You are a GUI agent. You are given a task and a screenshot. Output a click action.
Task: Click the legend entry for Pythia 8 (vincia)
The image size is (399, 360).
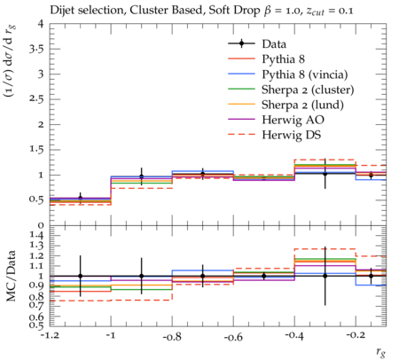click(305, 74)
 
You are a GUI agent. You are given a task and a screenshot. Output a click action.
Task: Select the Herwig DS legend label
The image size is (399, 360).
click(292, 135)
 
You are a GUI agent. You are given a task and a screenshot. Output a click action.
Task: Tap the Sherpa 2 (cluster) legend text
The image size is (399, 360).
click(308, 90)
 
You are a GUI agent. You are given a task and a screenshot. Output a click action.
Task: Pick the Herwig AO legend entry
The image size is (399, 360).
click(293, 120)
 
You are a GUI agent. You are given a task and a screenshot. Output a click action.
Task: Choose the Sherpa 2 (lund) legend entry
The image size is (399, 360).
click(302, 105)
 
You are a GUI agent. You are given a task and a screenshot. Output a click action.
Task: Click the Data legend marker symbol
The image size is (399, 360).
click(241, 43)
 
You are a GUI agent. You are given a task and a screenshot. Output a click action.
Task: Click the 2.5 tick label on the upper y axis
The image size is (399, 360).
click(36, 99)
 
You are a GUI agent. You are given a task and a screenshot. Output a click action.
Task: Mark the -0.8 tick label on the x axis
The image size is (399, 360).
click(172, 337)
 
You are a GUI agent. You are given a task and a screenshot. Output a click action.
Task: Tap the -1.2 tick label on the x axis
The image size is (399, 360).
click(50, 336)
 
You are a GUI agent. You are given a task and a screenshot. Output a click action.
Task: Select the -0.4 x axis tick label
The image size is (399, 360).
click(294, 336)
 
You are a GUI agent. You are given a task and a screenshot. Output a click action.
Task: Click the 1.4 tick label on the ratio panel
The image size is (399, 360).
click(36, 236)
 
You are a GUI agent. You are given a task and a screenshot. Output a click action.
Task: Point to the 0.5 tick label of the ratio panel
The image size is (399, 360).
click(36, 325)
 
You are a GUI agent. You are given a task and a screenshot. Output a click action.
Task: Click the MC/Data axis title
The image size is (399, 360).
click(11, 276)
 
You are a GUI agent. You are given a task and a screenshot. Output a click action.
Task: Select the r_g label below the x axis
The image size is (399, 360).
click(381, 352)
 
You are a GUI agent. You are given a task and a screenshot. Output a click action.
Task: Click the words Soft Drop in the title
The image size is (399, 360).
click(234, 11)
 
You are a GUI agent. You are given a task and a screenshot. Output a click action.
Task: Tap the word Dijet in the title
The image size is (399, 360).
click(61, 11)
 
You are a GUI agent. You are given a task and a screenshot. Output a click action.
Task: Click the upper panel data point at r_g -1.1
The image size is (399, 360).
click(80, 198)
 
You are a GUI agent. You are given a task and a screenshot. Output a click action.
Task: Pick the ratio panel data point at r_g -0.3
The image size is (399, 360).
click(325, 276)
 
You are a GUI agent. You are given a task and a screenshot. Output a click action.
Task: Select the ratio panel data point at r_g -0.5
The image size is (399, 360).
click(264, 276)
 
